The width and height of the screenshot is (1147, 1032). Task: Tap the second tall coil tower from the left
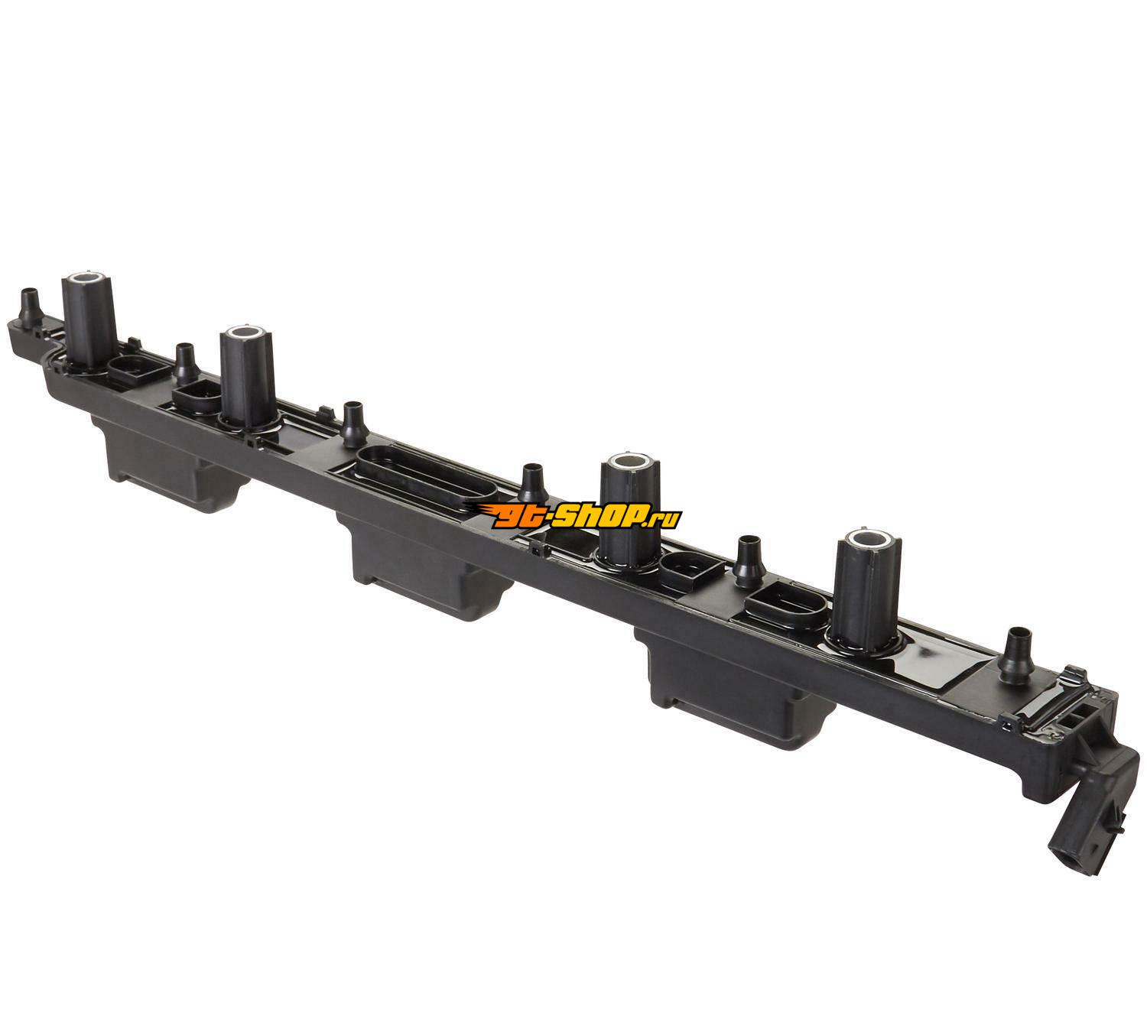[247, 378]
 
